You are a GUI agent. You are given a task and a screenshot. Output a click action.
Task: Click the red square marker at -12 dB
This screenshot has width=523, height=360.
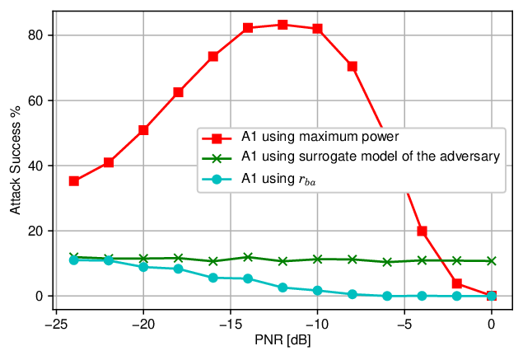click(283, 25)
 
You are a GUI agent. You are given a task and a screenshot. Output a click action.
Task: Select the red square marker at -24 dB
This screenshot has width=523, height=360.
click(73, 181)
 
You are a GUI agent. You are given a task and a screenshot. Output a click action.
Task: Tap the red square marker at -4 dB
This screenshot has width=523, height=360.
click(422, 231)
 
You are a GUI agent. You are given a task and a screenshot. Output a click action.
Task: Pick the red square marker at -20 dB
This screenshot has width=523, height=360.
click(143, 130)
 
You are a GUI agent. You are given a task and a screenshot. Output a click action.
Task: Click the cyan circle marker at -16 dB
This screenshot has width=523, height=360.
click(213, 278)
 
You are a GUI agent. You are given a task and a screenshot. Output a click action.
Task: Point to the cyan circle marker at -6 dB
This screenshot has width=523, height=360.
click(387, 296)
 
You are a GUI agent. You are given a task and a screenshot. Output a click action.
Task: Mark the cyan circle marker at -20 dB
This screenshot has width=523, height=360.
click(143, 267)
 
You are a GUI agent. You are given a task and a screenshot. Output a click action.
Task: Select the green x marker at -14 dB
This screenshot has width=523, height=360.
click(248, 257)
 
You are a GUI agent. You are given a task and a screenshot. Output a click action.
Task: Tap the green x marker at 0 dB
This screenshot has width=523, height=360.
click(492, 261)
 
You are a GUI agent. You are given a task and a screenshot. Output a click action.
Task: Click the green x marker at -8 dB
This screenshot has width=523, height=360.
click(353, 259)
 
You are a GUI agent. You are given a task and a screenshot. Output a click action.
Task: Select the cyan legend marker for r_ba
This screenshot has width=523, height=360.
click(217, 179)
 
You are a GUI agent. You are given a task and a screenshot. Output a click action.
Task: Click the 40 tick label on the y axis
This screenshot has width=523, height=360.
click(35, 166)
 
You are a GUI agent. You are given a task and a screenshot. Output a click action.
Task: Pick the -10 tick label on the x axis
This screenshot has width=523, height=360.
click(317, 324)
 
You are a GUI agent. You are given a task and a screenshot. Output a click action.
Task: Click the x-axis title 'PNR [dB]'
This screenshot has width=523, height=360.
click(283, 340)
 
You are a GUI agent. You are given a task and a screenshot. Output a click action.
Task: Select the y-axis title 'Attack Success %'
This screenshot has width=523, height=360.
click(16, 160)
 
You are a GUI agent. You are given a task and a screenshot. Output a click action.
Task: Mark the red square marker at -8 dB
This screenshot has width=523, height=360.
click(353, 67)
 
